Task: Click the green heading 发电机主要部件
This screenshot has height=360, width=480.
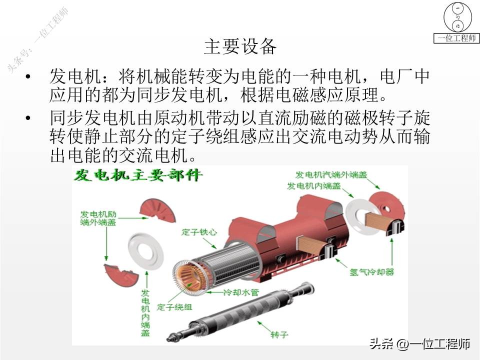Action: [x=137, y=175]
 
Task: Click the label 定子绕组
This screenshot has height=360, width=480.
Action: [x=174, y=306]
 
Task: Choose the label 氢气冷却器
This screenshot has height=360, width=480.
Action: [x=371, y=272]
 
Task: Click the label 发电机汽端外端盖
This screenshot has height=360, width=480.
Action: [x=330, y=174]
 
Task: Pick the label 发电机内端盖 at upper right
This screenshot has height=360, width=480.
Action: [x=313, y=186]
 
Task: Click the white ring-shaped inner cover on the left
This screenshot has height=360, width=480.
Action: [x=145, y=250]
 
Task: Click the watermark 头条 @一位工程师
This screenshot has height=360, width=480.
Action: [x=420, y=344]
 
